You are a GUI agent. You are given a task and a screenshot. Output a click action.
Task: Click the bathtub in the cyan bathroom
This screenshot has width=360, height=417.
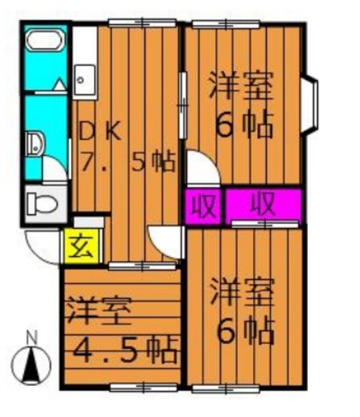pyautogui.click(x=44, y=42)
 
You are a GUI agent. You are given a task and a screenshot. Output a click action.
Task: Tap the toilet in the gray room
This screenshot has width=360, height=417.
pyautogui.click(x=42, y=205)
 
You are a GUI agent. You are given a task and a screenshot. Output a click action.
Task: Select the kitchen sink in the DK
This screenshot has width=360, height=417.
pyautogui.click(x=83, y=79)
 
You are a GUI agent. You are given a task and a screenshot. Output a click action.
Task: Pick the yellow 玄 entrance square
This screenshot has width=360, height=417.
pyautogui.click(x=78, y=248)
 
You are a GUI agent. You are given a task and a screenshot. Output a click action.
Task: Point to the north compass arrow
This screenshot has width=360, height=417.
pyautogui.click(x=31, y=366)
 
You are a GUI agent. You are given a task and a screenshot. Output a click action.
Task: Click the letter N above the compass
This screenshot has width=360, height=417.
pyautogui.click(x=31, y=338)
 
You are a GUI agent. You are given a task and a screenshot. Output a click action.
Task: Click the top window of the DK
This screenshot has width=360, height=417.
pyautogui.click(x=143, y=23)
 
